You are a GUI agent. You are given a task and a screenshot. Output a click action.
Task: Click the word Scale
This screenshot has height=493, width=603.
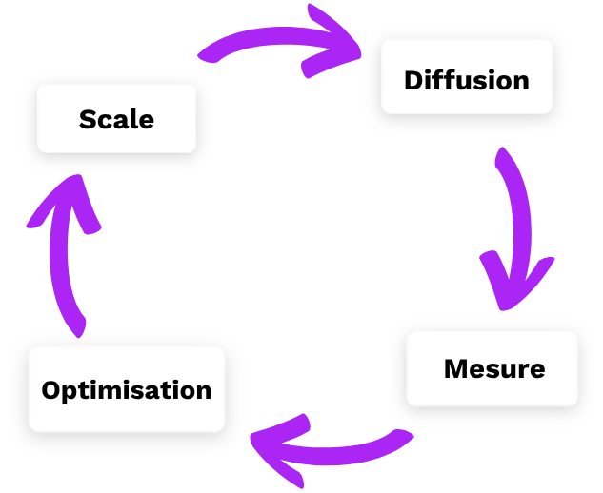pyautogui.click(x=116, y=119)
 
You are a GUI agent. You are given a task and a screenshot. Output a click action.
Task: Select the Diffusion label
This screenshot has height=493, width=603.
pyautogui.click(x=467, y=80)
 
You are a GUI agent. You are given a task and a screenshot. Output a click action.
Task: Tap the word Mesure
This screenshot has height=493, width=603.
pyautogui.click(x=494, y=368)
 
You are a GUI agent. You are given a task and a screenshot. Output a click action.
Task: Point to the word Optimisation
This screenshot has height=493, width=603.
pyautogui.click(x=127, y=390)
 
